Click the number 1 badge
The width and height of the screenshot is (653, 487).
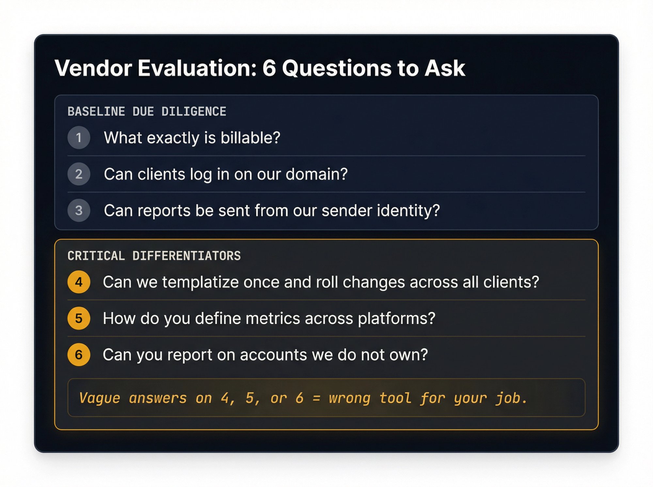(x=79, y=138)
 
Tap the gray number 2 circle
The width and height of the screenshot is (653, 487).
(x=79, y=174)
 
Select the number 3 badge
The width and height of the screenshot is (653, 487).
(x=79, y=210)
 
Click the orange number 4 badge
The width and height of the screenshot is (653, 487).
(x=79, y=282)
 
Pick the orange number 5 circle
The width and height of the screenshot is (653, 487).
(x=79, y=318)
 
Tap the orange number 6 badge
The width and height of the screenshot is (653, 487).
(x=79, y=355)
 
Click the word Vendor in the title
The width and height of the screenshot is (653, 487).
(x=93, y=68)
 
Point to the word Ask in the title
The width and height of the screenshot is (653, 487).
(x=445, y=68)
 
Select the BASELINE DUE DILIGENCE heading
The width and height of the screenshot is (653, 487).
(x=147, y=112)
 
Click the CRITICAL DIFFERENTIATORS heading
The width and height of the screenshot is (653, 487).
(x=154, y=256)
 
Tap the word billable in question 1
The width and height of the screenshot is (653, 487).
(x=250, y=138)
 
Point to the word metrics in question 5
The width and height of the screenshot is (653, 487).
(x=272, y=318)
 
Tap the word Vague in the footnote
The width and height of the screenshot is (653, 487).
(x=100, y=398)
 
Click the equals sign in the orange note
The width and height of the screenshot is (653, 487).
(x=316, y=398)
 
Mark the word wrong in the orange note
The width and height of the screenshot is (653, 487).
(x=349, y=398)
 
